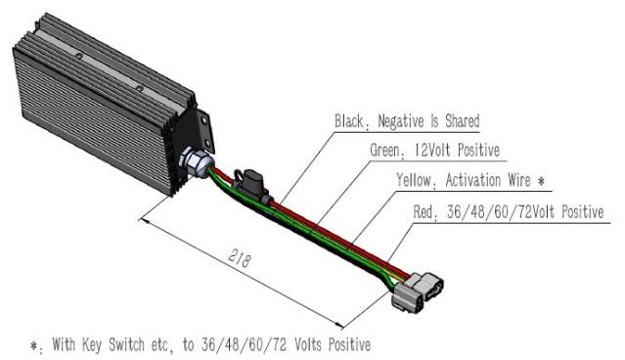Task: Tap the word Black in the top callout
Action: [x=349, y=122]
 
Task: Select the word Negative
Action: [x=402, y=122]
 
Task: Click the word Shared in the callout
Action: [x=462, y=122]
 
